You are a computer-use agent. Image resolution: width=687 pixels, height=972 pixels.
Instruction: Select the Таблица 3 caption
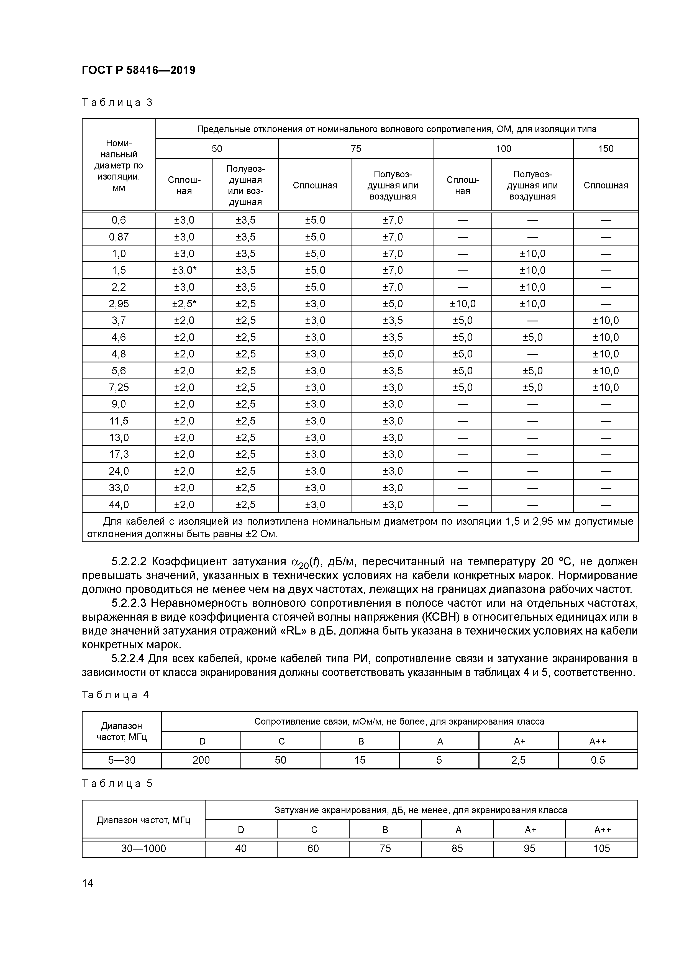point(117,103)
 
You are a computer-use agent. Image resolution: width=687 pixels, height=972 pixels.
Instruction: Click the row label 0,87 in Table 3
point(119,237)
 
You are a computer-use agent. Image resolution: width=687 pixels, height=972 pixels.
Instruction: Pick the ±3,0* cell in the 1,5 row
point(184,270)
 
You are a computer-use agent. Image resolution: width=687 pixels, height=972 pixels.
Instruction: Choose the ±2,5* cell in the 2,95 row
point(184,303)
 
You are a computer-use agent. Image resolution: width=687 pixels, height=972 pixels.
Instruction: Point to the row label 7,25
point(119,387)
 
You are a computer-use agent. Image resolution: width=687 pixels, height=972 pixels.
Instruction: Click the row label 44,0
point(119,504)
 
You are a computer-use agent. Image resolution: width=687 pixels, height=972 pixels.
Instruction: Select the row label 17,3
point(119,454)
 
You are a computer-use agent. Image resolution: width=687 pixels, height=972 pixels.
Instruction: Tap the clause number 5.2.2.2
point(129,562)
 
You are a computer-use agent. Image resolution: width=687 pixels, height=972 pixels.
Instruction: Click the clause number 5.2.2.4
point(129,658)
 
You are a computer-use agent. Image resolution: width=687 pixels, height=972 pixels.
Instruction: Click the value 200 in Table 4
point(201,760)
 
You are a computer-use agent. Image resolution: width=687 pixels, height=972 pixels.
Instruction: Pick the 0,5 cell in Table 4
point(598,760)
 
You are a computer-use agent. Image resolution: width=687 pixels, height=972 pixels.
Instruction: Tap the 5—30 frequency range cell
point(122,760)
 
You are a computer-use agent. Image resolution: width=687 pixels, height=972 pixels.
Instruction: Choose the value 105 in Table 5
point(601,848)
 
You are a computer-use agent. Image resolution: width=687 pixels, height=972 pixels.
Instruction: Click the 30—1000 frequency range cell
point(143,848)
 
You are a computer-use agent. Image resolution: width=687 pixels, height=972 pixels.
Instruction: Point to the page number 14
point(88,883)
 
